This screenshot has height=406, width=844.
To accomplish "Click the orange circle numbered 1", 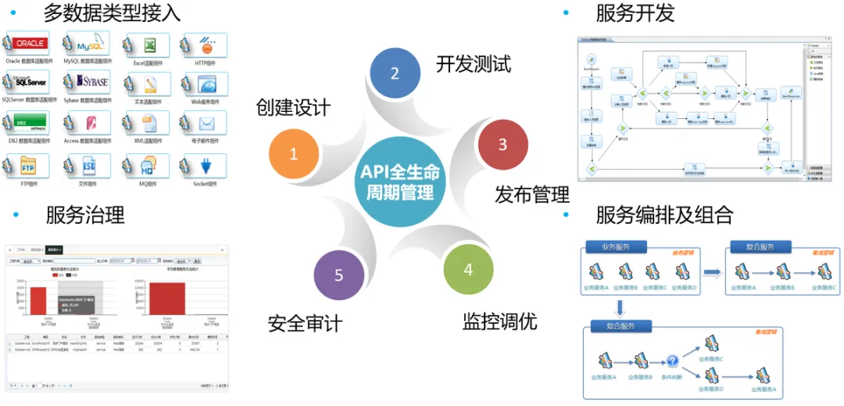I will [293, 154].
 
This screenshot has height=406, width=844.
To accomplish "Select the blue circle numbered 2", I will [395, 74].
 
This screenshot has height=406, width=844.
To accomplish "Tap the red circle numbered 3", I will [502, 144].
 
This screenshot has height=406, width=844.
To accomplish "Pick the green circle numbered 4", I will [468, 270].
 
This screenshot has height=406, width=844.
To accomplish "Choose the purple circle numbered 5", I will [338, 275].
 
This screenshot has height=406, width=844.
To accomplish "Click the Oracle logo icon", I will [30, 44].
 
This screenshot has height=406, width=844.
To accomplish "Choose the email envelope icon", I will [206, 124].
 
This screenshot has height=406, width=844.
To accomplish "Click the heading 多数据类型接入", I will [112, 13].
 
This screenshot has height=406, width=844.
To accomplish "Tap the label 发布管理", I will [532, 194].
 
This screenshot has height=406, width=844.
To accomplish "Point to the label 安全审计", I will [305, 322].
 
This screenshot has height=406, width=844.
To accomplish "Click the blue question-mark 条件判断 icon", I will [671, 361].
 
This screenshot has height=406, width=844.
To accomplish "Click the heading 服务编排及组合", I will [664, 214].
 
